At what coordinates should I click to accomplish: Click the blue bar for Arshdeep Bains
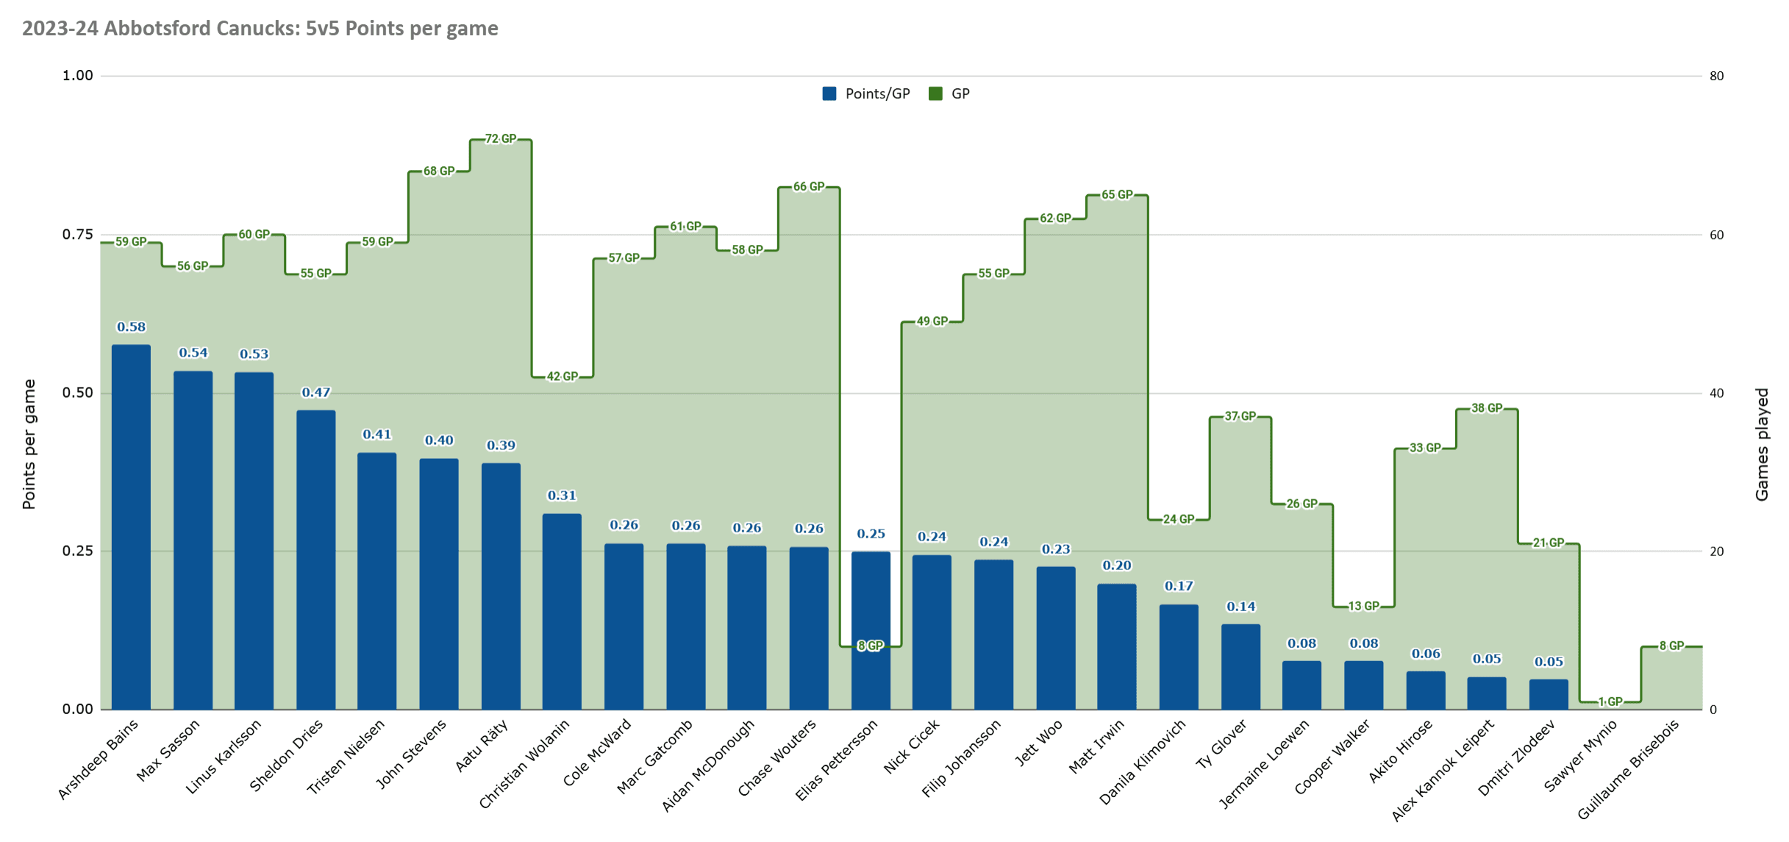point(131,527)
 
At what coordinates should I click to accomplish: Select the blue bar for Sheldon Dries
point(316,560)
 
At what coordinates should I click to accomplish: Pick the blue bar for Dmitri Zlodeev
point(1549,694)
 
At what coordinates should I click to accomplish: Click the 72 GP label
point(501,139)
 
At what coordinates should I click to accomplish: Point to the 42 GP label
point(563,377)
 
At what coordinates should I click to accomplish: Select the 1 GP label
point(1610,702)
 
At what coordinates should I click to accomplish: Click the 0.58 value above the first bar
point(131,327)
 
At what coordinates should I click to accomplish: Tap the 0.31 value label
point(562,496)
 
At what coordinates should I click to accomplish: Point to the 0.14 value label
point(1241,607)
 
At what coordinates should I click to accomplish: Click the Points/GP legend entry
point(868,94)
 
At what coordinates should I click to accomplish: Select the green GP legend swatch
point(935,94)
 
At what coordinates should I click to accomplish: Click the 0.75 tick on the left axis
point(77,235)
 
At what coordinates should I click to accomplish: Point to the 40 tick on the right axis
point(1717,393)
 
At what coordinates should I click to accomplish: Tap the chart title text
point(260,29)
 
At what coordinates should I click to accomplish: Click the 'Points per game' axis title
point(29,444)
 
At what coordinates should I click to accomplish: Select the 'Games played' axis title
point(1762,444)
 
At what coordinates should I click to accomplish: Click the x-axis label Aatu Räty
point(482,746)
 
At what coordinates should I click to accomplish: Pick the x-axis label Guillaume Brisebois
point(1629,768)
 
